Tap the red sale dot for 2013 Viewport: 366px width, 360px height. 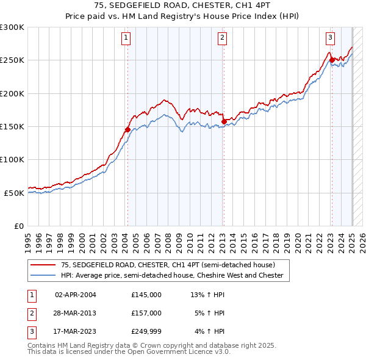click(x=224, y=121)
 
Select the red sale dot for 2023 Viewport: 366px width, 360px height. click(x=332, y=60)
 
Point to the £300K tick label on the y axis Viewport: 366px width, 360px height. click(x=12, y=27)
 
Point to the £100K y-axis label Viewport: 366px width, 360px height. click(x=12, y=159)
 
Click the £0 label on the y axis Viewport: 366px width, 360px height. click(x=18, y=226)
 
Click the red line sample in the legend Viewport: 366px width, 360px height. click(x=43, y=265)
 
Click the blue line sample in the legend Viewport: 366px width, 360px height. click(x=43, y=276)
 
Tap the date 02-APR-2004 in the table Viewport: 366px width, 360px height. click(x=76, y=295)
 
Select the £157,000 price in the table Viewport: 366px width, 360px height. click(x=146, y=313)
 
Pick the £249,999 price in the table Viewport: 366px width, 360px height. click(x=146, y=331)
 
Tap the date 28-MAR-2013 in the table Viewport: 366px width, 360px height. click(x=76, y=313)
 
